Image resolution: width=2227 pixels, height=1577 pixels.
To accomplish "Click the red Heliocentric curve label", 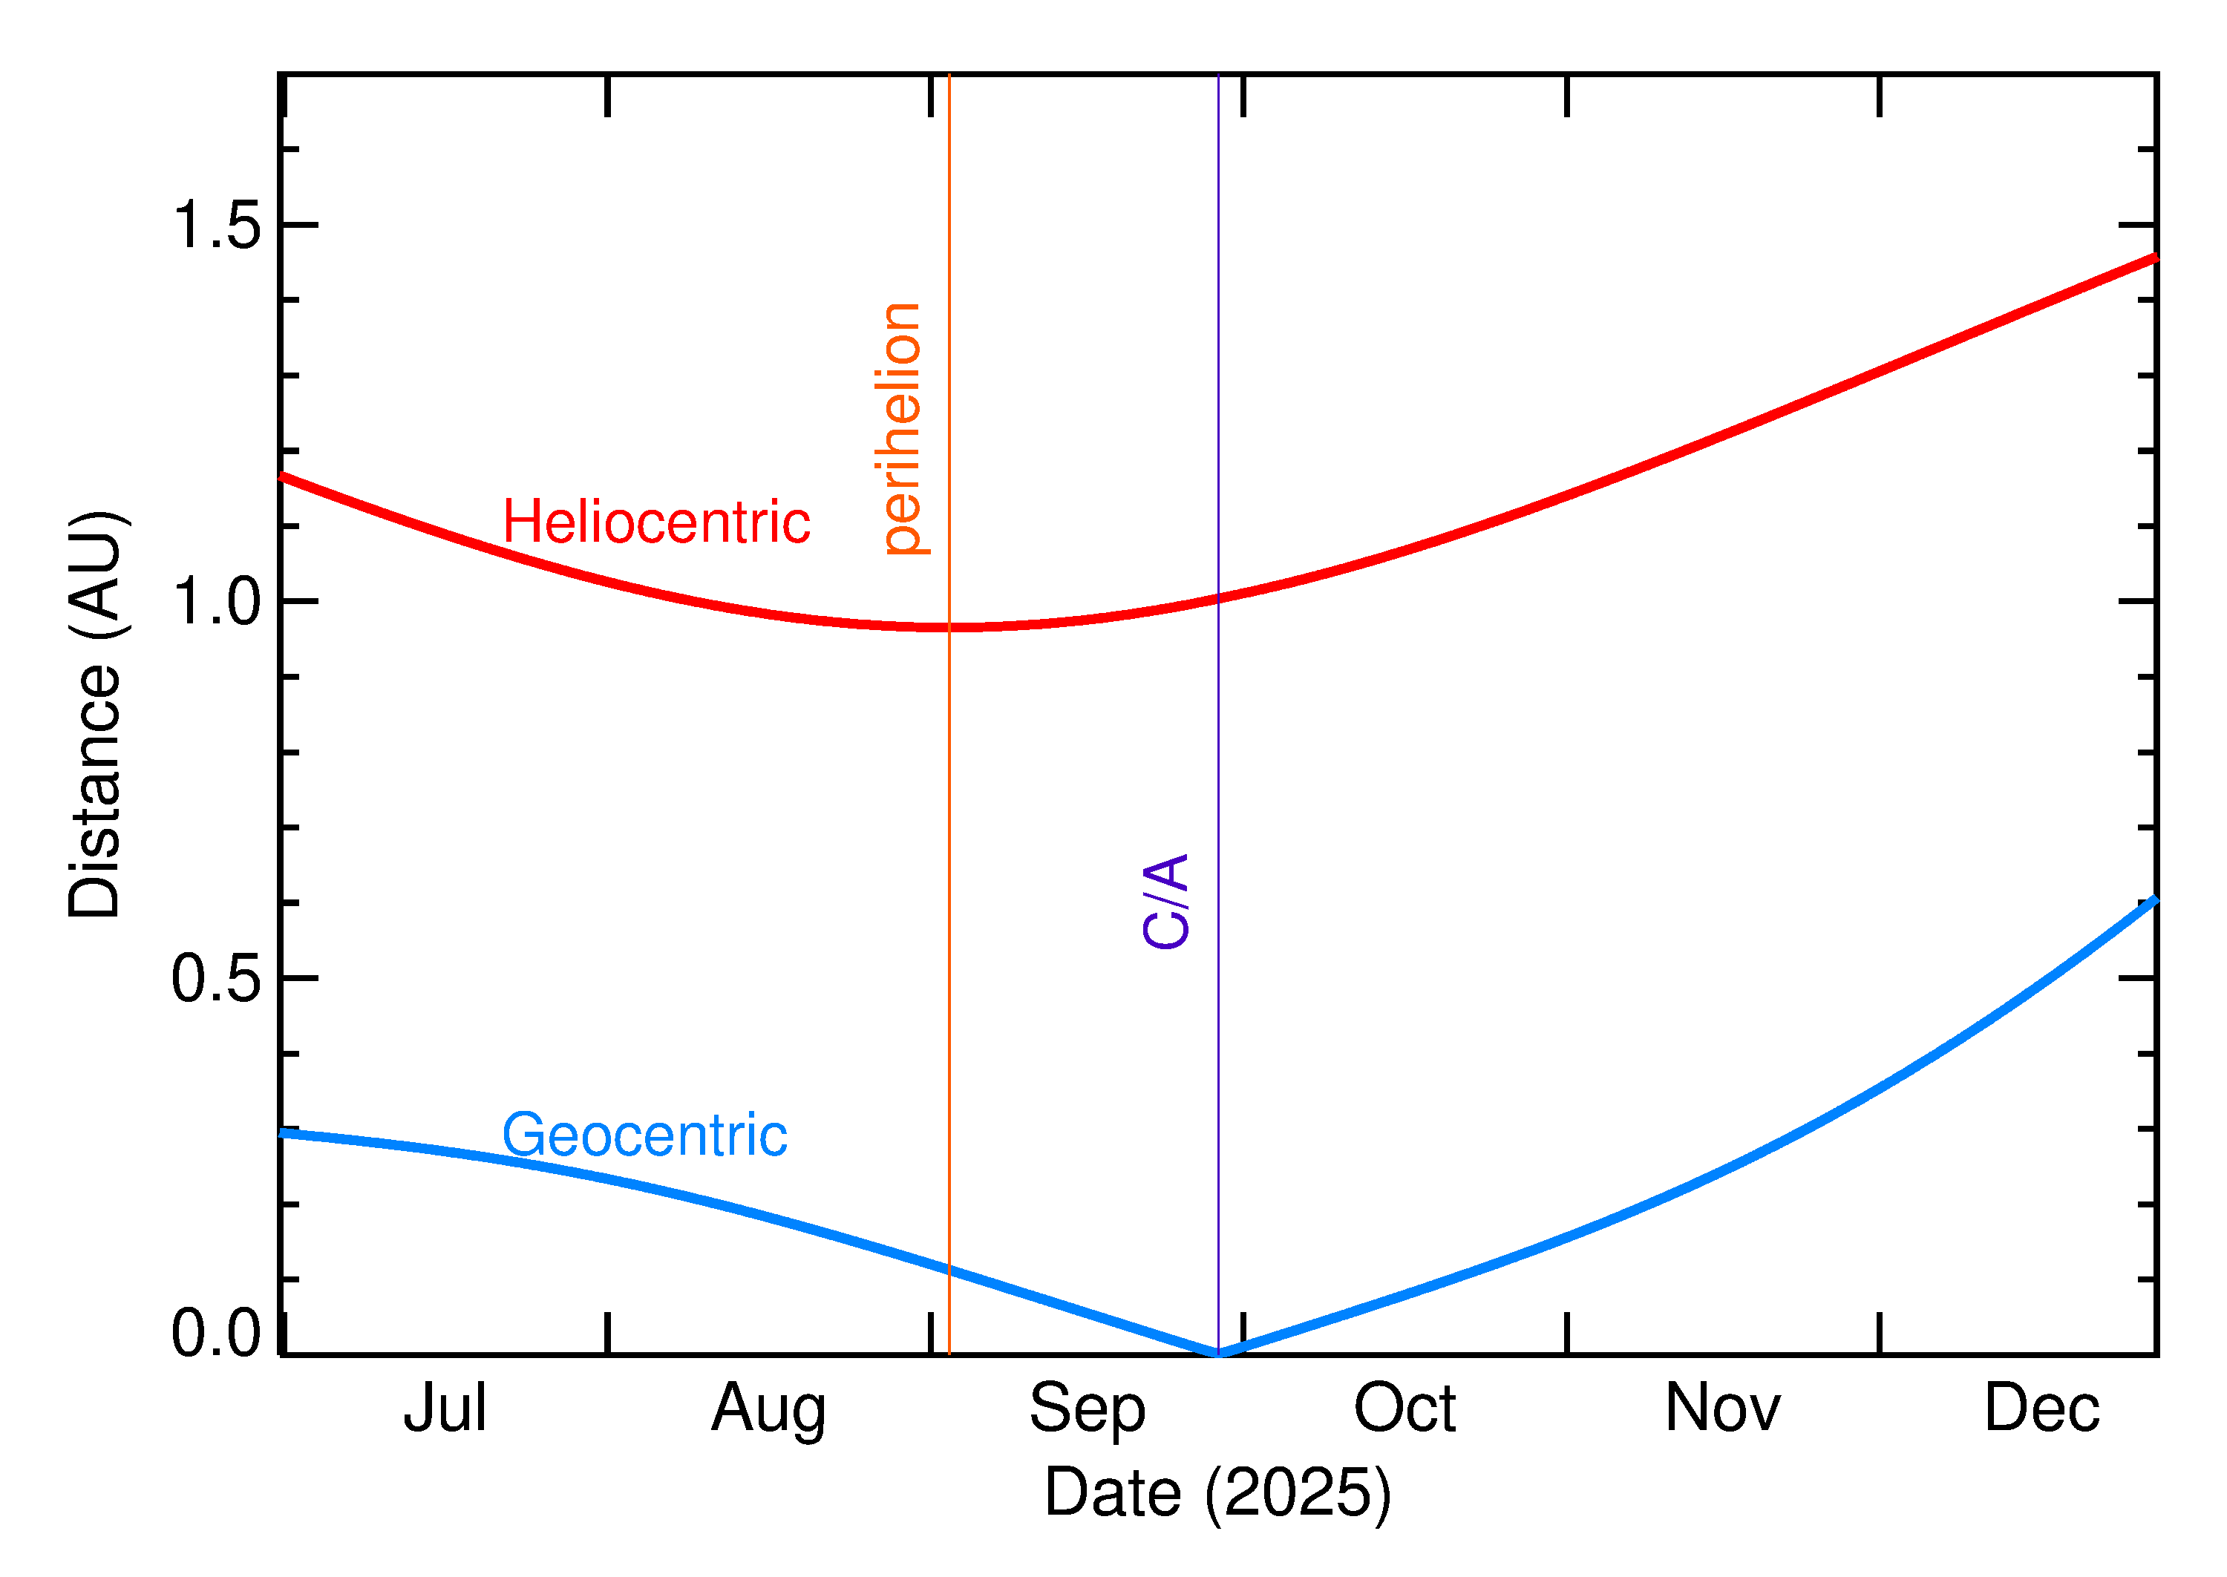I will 655,522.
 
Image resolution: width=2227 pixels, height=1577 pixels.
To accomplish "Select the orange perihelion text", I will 900,428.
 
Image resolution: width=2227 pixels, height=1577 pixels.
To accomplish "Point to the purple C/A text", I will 1165,900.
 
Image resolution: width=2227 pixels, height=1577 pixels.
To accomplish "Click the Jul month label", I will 445,1408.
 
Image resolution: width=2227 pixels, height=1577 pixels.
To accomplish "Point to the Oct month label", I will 1404,1408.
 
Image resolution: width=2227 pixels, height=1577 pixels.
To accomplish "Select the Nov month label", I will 1722,1408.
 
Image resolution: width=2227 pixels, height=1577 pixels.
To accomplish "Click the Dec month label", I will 2041,1408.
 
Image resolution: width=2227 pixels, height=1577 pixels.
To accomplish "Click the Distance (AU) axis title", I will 95,714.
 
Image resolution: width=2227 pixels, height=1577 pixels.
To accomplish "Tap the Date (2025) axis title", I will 1217,1492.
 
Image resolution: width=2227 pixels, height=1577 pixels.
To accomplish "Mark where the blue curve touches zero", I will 1219,1353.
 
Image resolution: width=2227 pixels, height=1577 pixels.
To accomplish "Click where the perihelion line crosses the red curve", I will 949,627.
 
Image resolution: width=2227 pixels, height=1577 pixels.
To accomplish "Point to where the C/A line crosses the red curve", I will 1218,598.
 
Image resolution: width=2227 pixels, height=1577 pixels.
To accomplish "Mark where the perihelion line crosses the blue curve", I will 949,1269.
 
